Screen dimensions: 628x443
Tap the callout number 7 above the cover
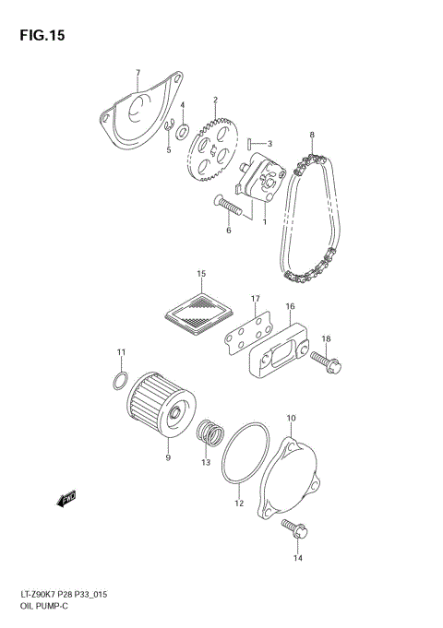(x=137, y=73)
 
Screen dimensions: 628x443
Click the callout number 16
(x=289, y=306)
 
